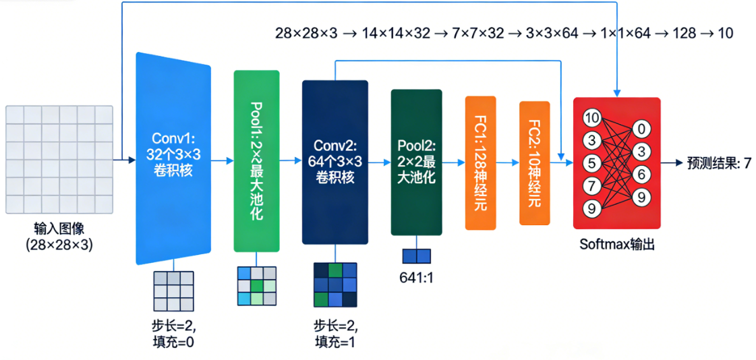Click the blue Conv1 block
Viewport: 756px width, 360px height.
(173, 159)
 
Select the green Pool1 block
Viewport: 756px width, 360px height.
(256, 160)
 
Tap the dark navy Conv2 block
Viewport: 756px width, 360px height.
(335, 162)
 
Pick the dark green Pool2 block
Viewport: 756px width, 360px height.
(416, 162)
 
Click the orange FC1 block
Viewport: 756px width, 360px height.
(480, 162)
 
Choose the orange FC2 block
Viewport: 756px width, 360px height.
(534, 162)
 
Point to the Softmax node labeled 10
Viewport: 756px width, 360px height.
(591, 119)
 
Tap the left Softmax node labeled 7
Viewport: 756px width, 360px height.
(591, 185)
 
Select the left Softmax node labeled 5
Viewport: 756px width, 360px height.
(591, 163)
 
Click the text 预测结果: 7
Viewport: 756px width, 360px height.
(719, 162)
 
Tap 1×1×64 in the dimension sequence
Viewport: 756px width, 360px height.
(625, 32)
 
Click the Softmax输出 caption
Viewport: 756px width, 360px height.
(616, 244)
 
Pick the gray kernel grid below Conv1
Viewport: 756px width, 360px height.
(173, 290)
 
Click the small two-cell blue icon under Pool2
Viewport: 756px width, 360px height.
(416, 256)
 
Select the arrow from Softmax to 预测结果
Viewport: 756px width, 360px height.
(672, 162)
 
